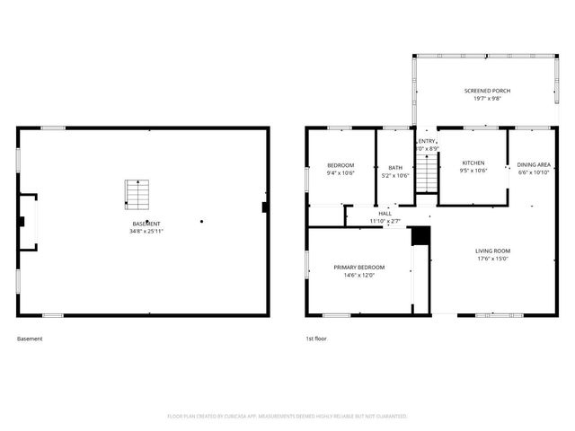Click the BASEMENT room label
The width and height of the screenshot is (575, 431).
(x=147, y=224)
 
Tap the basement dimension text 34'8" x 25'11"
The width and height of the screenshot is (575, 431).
(x=147, y=231)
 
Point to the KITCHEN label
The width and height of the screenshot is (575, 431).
(x=473, y=163)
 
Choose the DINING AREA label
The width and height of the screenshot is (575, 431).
(x=534, y=164)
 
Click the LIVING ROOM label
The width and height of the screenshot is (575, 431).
(x=493, y=251)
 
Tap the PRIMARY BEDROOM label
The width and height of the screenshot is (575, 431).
(x=359, y=268)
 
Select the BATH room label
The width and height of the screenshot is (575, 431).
(x=395, y=167)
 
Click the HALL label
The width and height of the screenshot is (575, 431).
(x=385, y=213)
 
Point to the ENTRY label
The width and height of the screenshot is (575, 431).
(x=427, y=141)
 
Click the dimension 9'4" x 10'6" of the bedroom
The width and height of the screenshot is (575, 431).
(x=341, y=172)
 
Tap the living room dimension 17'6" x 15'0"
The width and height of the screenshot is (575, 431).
(x=493, y=259)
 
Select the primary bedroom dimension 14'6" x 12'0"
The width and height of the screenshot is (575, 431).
(x=359, y=276)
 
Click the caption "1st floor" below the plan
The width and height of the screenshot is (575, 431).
(x=317, y=339)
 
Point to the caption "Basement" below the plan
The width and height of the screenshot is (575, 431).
(x=30, y=339)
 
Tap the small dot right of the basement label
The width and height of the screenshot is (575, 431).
(x=202, y=221)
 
